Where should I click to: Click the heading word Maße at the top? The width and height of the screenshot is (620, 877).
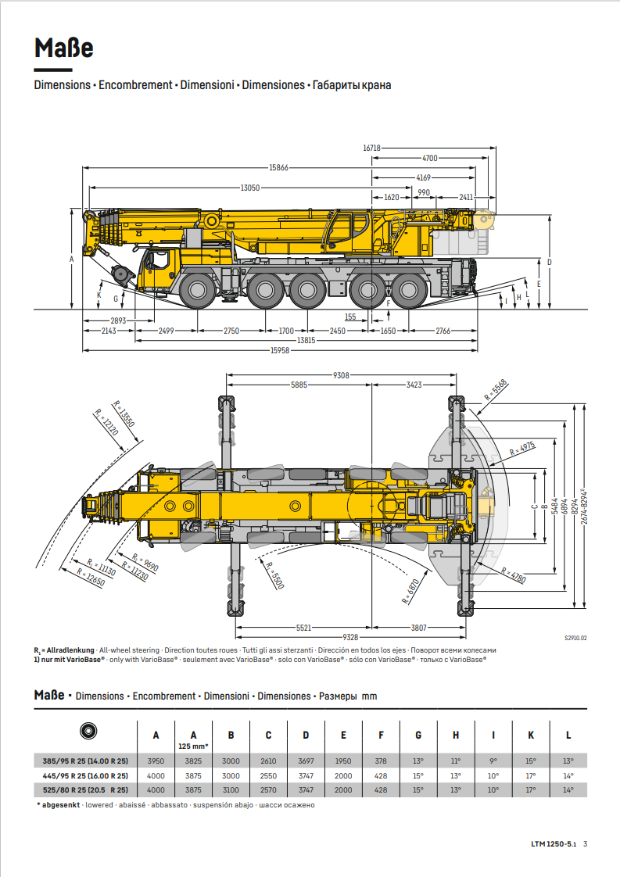pos(64,48)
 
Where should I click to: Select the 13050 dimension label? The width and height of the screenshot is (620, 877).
pos(250,188)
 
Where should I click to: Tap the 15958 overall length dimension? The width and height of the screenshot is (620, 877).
pos(280,350)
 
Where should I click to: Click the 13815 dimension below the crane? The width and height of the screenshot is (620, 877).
pos(306,341)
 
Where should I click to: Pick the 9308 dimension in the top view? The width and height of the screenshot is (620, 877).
pos(342,375)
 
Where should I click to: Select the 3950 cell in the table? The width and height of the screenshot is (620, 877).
pos(156,761)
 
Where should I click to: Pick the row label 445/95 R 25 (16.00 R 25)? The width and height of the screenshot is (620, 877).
pos(85,775)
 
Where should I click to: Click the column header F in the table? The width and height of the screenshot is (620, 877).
pos(381,735)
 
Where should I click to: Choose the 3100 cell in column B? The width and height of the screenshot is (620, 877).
pos(231,790)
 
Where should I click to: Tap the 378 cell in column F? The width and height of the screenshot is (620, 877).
pos(381,761)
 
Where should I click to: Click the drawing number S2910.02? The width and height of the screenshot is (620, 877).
pos(575,638)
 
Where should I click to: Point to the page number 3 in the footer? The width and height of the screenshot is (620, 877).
pos(585,843)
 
